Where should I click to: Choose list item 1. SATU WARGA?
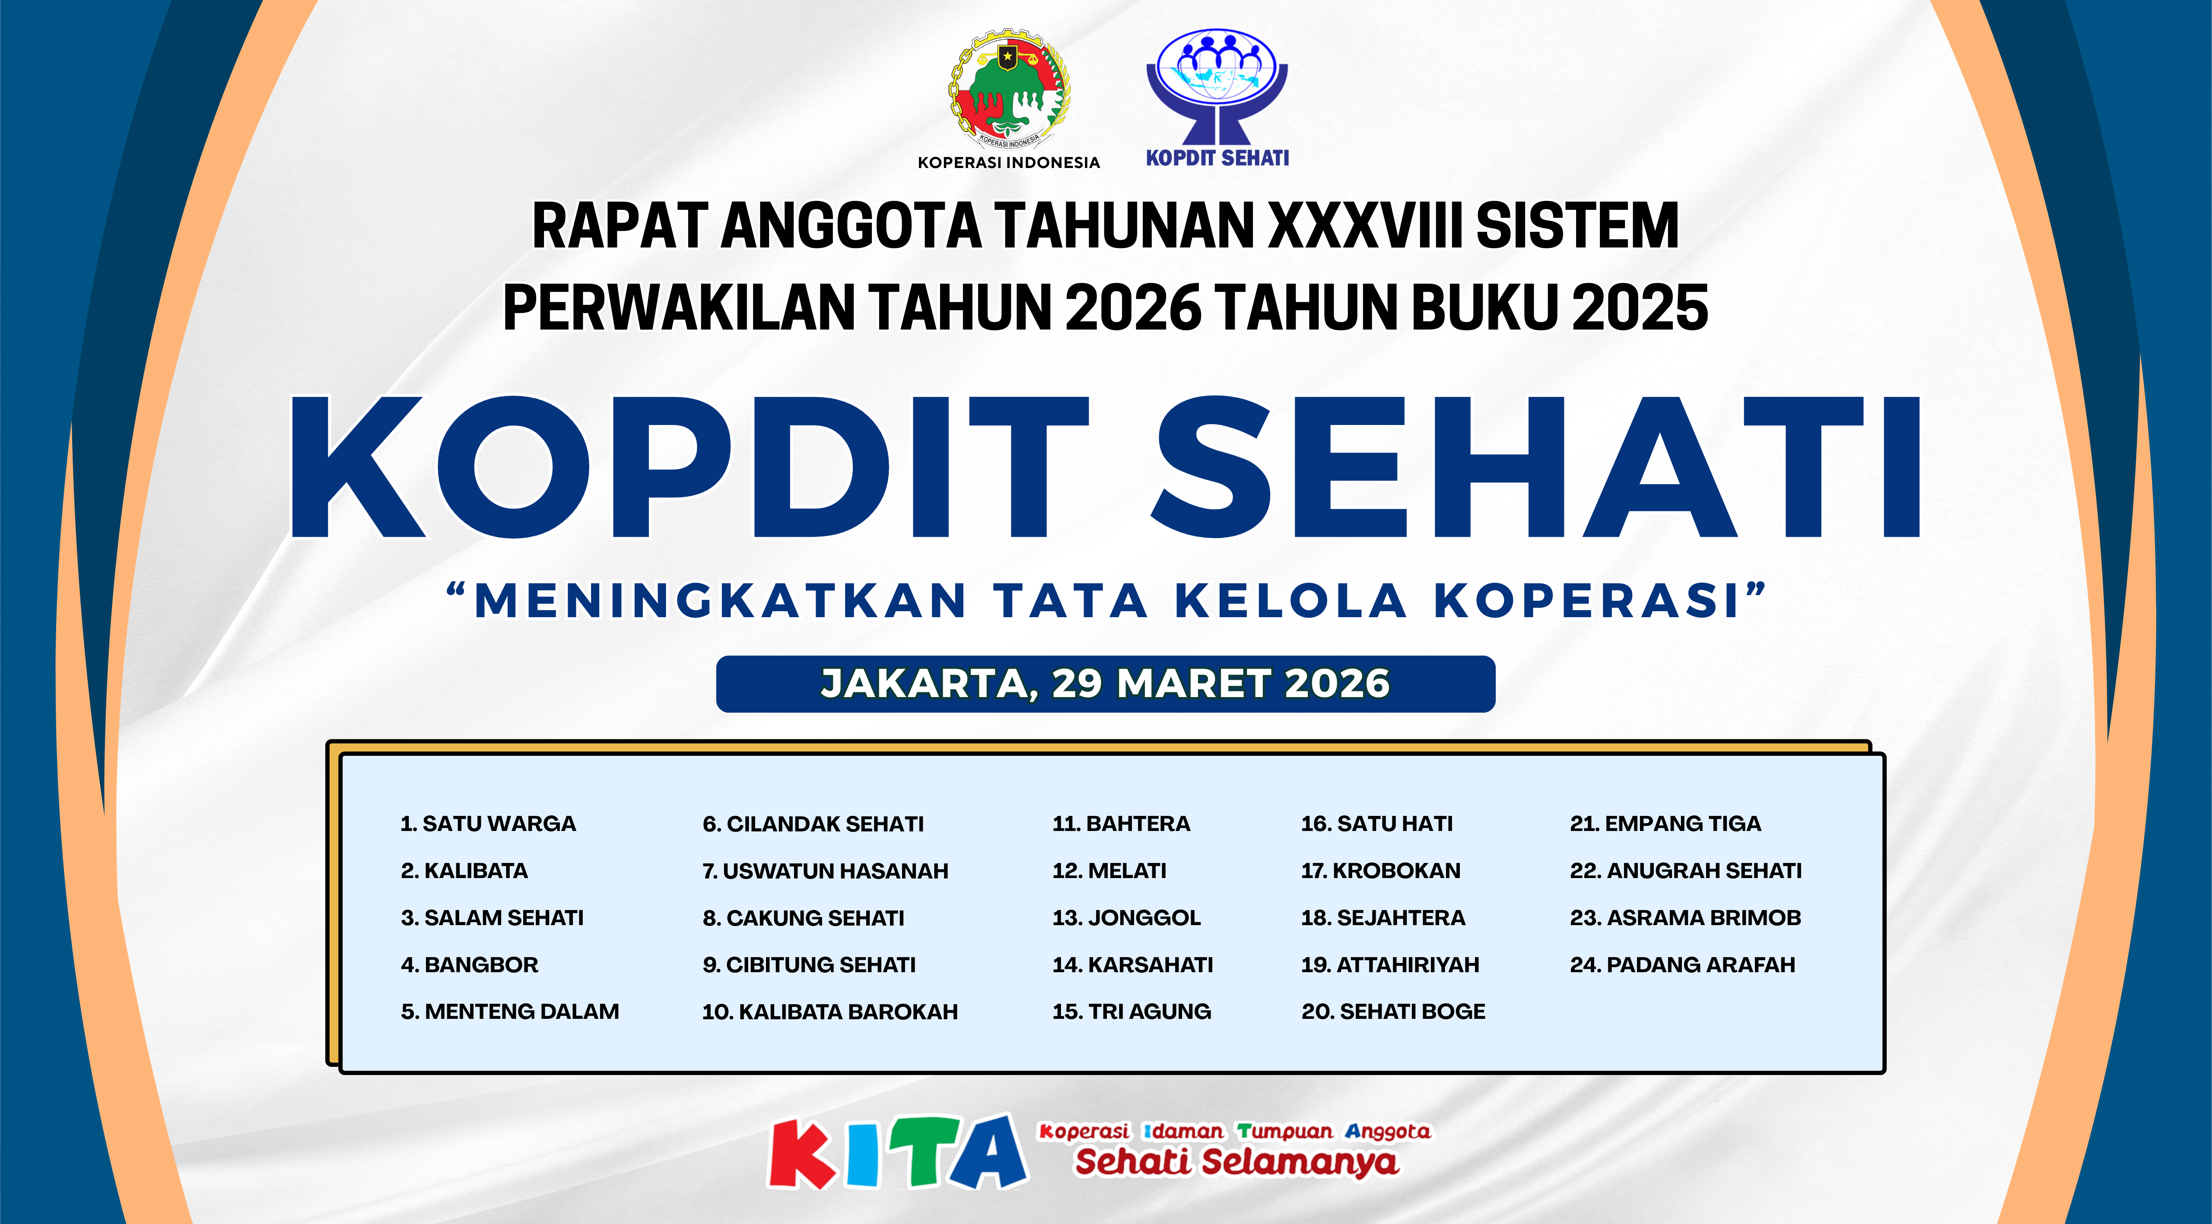pyautogui.click(x=488, y=824)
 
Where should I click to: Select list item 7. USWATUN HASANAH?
pyautogui.click(x=825, y=871)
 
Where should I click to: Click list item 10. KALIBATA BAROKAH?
pyautogui.click(x=829, y=1012)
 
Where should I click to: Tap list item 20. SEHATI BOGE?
pyautogui.click(x=1393, y=1012)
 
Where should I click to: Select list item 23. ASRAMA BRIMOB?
pyautogui.click(x=1685, y=918)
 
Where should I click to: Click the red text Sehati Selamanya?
pyautogui.click(x=1236, y=1162)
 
